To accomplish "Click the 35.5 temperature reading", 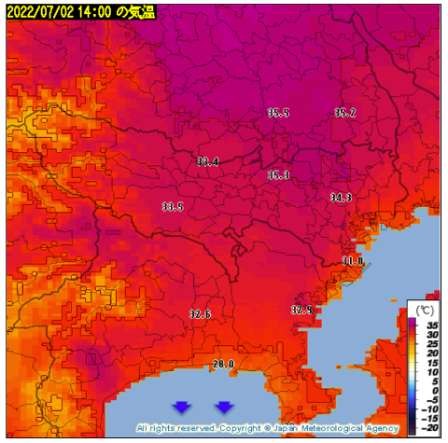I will [x=278, y=113].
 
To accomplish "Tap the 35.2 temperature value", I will [x=344, y=113].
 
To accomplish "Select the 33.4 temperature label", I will [x=207, y=161].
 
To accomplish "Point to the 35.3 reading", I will [x=278, y=174].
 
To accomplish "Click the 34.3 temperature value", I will [x=341, y=198].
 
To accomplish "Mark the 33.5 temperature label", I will [x=172, y=206].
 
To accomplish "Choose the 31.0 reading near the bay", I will [x=352, y=261].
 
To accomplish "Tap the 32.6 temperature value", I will [x=200, y=314].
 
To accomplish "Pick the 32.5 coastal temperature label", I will [x=301, y=310].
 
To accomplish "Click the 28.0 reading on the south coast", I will [x=223, y=364].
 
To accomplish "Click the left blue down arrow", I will [x=182, y=407].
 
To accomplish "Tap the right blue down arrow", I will [x=224, y=407].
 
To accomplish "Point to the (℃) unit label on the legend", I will [x=425, y=309].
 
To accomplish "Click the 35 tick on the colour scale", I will [x=432, y=323].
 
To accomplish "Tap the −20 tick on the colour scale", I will [x=430, y=429].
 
